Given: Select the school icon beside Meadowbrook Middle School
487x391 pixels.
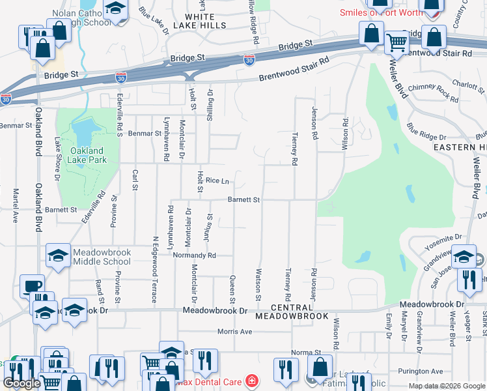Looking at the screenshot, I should coord(59,256).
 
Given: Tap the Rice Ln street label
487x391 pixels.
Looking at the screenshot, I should coord(217,181).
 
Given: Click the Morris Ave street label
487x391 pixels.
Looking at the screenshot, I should coord(234,332).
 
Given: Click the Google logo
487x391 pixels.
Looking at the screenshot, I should coord(21,383).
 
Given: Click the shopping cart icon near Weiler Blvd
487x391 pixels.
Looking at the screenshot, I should coord(396,43).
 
